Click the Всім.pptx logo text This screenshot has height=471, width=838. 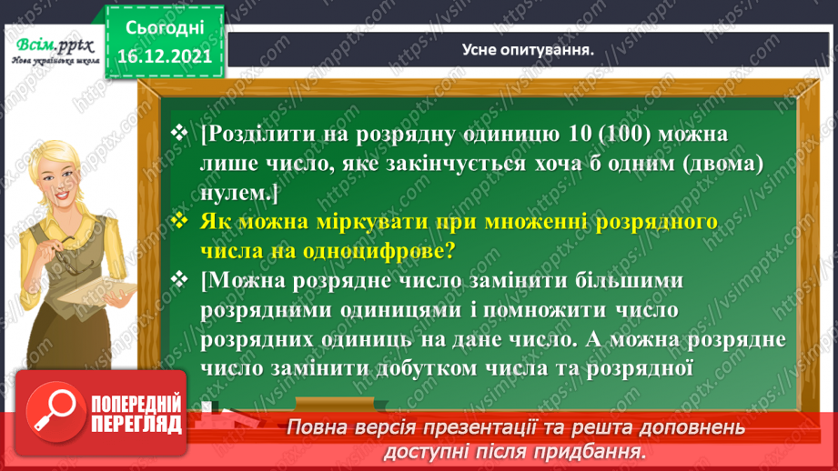coord(52,44)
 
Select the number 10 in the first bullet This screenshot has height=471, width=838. coord(538,136)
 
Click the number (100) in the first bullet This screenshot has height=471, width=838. coord(586,136)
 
